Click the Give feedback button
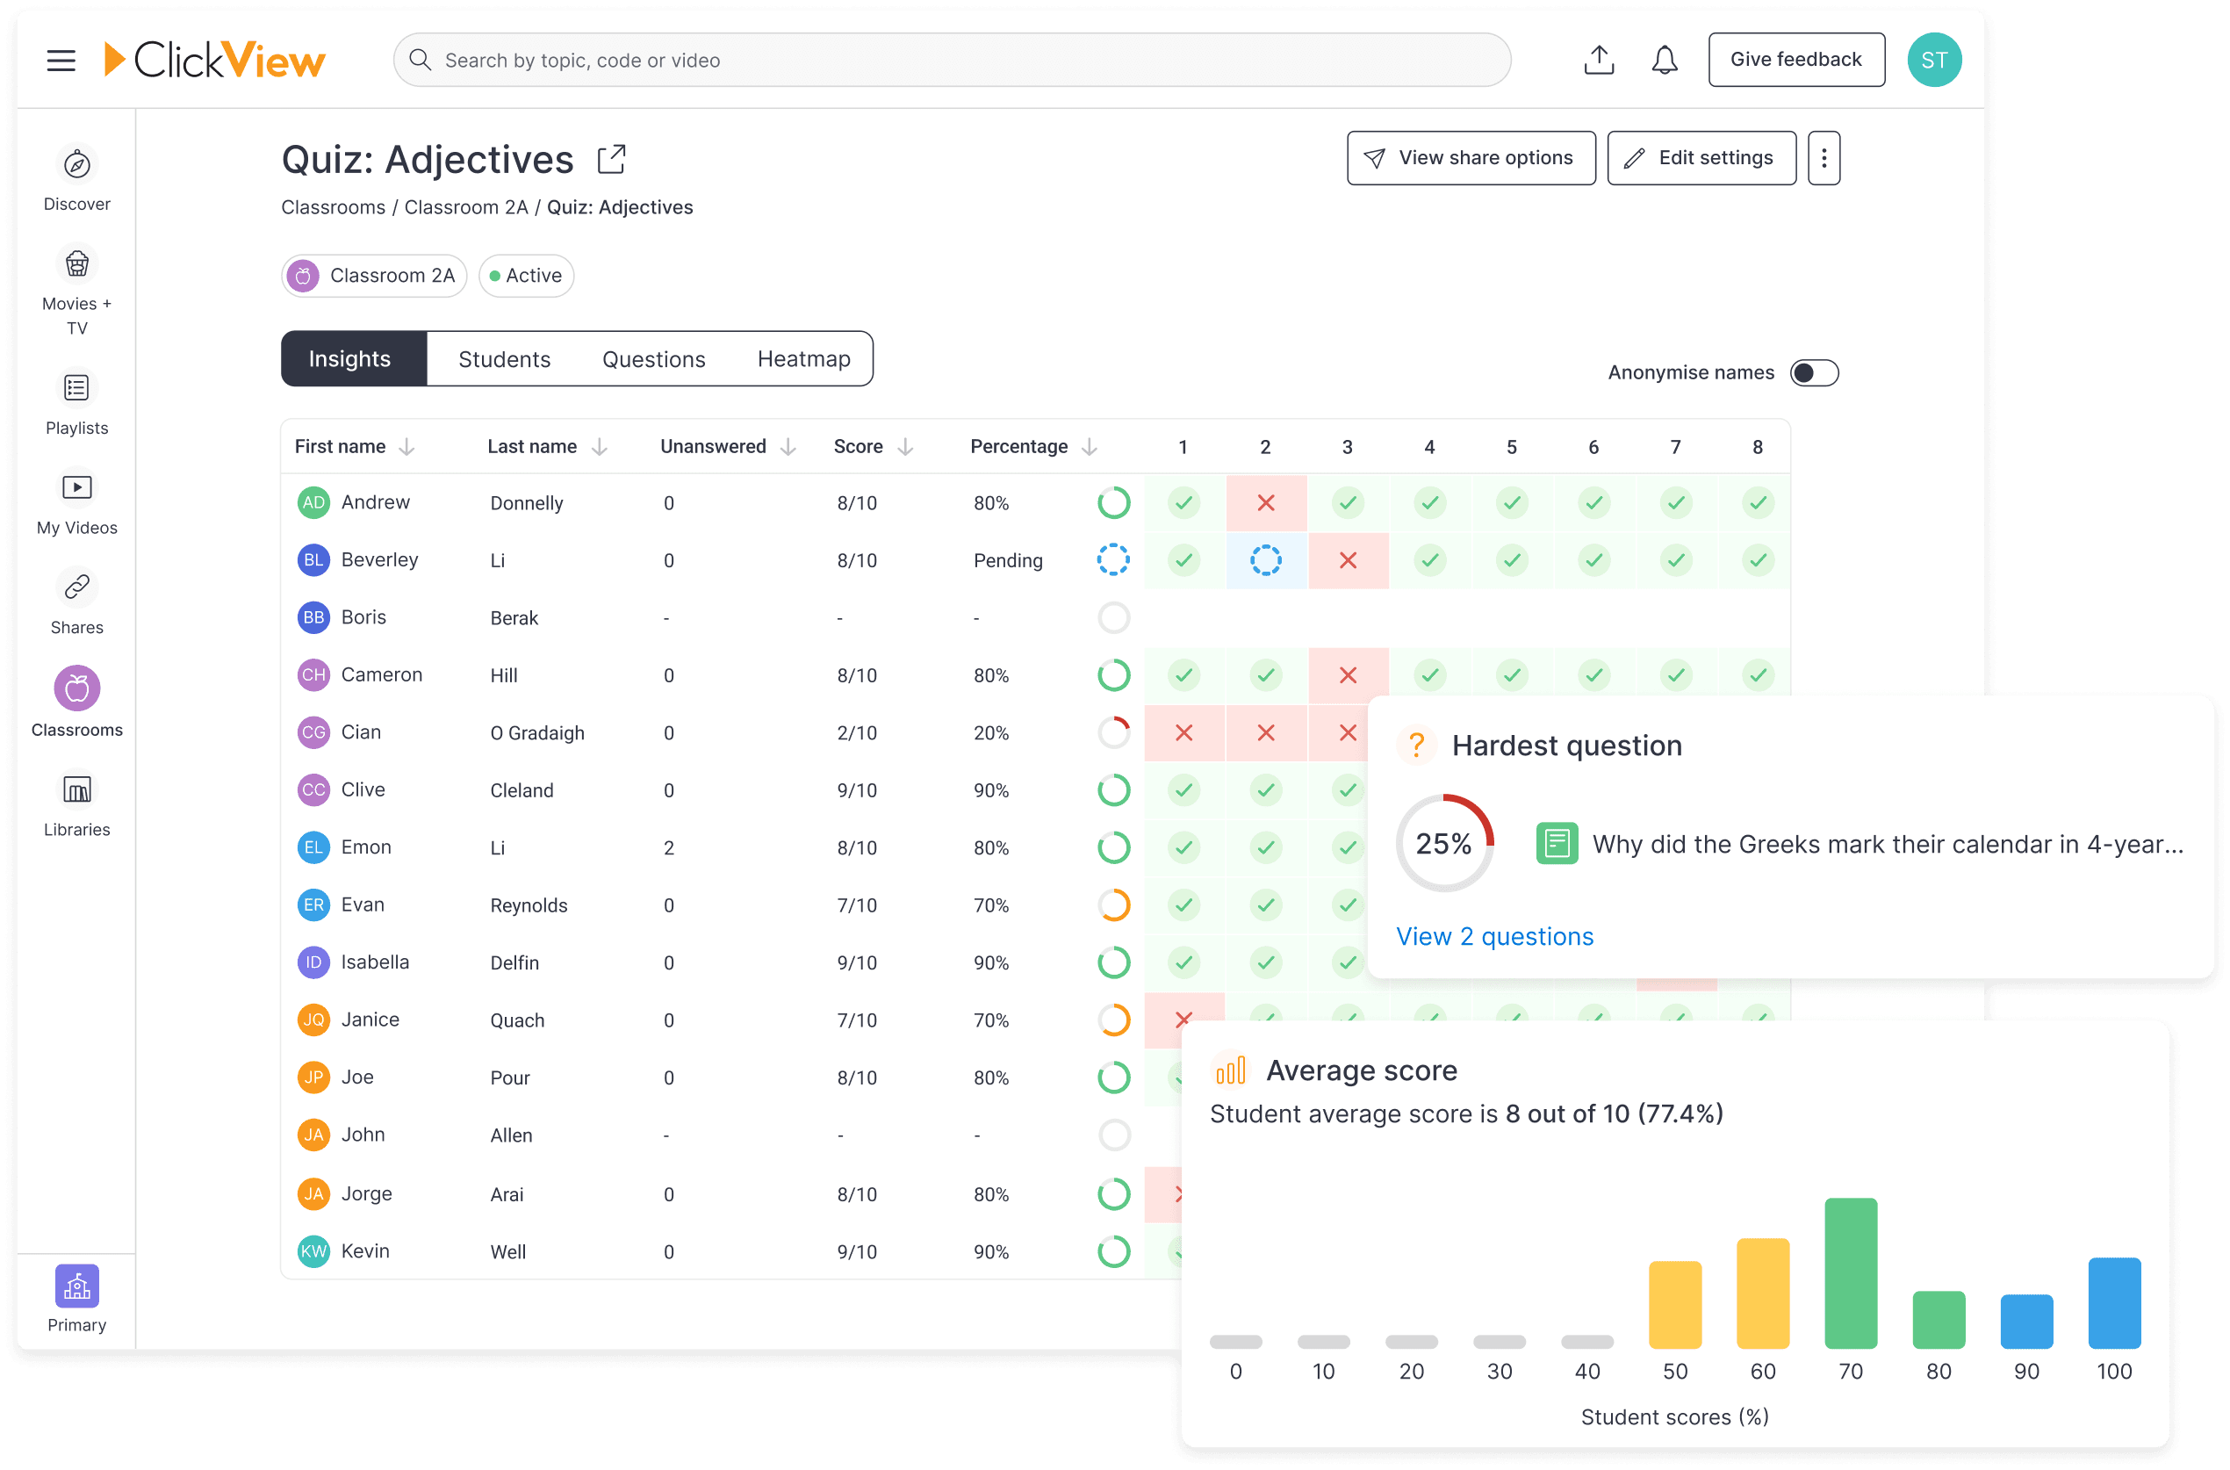click(1795, 60)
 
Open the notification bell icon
click(1664, 60)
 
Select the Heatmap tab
click(803, 359)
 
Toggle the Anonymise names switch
click(1814, 373)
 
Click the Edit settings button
click(1701, 157)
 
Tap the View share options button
click(1470, 157)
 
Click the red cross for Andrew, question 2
click(1265, 503)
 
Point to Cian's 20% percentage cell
click(991, 733)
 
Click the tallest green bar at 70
click(1851, 1272)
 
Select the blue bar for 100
click(2114, 1302)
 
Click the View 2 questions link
click(1494, 937)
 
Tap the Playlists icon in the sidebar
click(77, 388)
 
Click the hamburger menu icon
click(61, 61)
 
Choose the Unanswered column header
click(714, 446)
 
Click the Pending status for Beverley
click(1008, 560)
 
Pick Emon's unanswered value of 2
click(668, 847)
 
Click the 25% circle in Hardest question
click(1443, 844)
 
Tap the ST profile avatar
click(1934, 60)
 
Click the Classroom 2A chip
click(374, 276)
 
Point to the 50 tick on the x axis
click(1674, 1372)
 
